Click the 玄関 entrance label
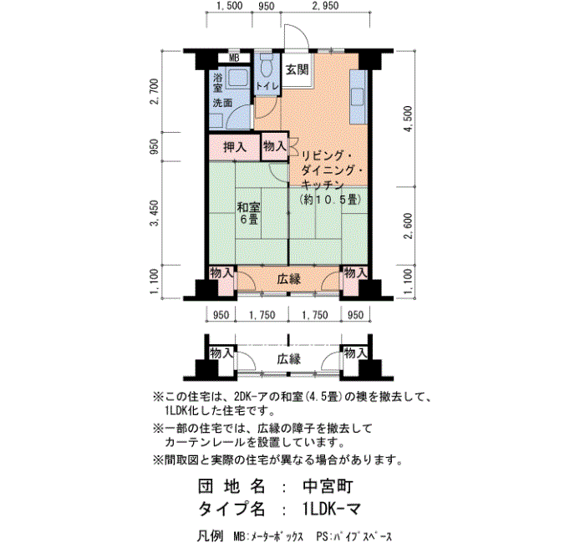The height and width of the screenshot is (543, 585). point(297,69)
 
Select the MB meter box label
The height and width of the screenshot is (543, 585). point(234,58)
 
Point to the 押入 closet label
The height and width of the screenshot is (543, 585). point(235,147)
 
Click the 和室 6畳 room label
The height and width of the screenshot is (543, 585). point(249,213)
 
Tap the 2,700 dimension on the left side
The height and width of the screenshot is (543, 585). point(155,92)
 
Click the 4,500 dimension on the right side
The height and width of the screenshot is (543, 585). point(409,119)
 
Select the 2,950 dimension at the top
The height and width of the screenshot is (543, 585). point(325,6)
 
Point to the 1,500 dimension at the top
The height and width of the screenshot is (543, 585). point(229,6)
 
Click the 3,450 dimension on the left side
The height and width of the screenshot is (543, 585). point(155,213)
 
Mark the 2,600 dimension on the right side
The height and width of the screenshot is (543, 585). point(409,226)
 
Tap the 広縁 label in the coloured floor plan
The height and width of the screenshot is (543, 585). point(289,279)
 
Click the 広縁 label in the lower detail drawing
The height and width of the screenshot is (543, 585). point(289,359)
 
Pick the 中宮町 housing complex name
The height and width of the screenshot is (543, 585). point(328,486)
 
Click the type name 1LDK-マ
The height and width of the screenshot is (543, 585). point(331,509)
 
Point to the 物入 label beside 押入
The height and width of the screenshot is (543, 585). point(275,146)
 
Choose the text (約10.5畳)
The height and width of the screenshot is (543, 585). point(331,200)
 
